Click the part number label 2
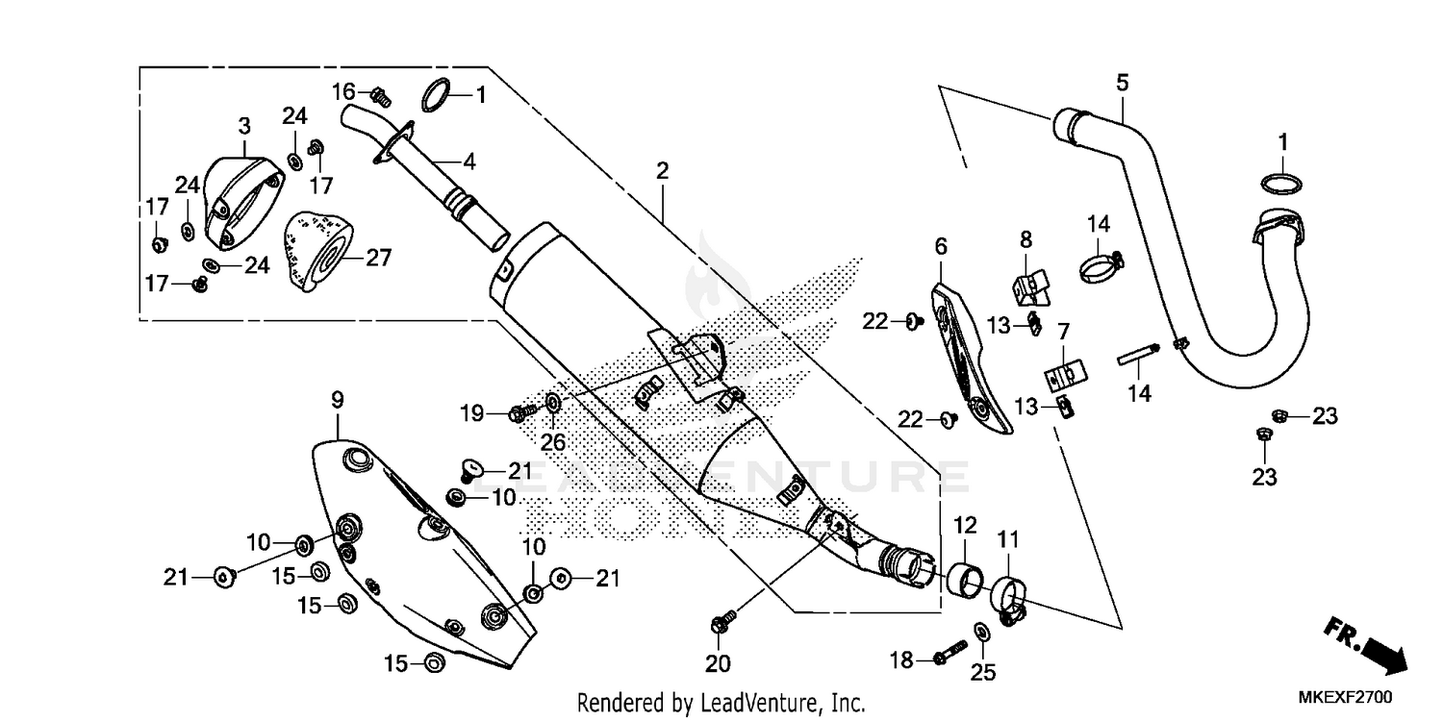pyautogui.click(x=662, y=171)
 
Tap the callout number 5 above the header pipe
pyautogui.click(x=1122, y=83)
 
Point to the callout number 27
pyautogui.click(x=378, y=258)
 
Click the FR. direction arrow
pyautogui.click(x=1366, y=644)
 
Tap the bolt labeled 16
pyautogui.click(x=378, y=95)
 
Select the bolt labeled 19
pyautogui.click(x=520, y=413)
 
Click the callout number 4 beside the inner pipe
pyautogui.click(x=468, y=162)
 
